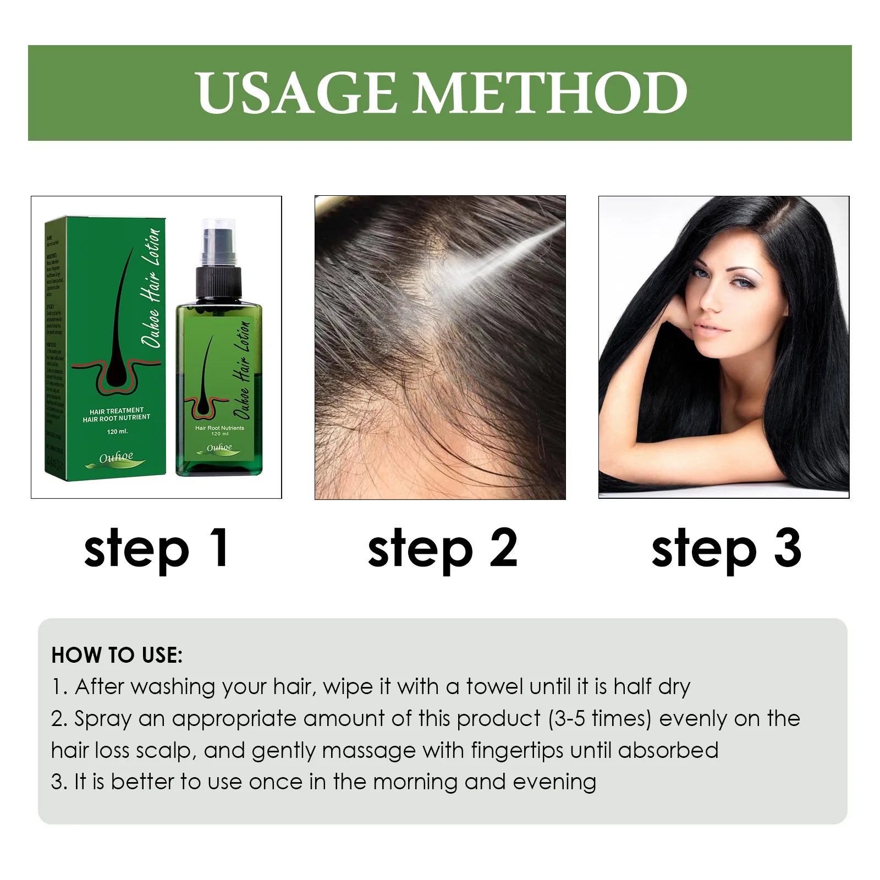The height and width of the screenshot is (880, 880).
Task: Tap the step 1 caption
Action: tap(156, 548)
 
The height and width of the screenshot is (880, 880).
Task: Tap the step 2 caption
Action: tap(442, 548)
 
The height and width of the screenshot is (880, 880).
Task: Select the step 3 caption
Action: tap(726, 548)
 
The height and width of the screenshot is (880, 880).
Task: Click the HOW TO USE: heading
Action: tap(117, 655)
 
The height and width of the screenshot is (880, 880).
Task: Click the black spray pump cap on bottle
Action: tap(219, 280)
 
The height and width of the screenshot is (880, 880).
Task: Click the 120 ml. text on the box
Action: tap(117, 431)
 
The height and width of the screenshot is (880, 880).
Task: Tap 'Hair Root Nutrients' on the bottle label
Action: tap(219, 427)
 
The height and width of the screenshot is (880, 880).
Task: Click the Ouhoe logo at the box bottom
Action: tap(116, 458)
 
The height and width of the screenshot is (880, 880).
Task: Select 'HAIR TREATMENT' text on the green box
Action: tap(116, 410)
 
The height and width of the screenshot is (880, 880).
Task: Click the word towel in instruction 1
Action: tap(495, 687)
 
